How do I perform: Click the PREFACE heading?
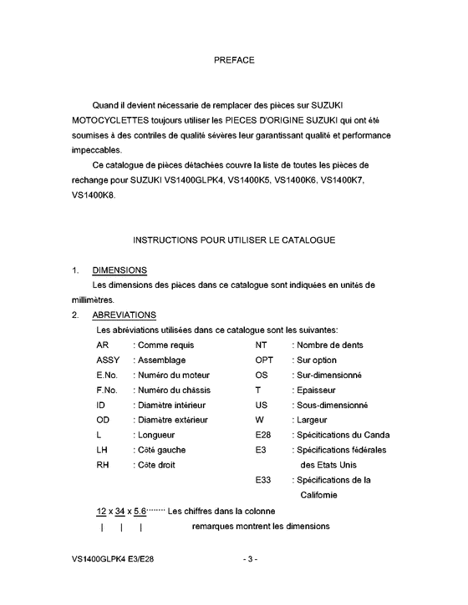click(234, 60)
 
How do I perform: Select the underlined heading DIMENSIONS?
click(120, 270)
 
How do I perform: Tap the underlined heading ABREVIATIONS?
click(124, 315)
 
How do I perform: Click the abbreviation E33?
click(263, 480)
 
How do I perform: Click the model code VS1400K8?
click(93, 195)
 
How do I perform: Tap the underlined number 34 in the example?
click(122, 510)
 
